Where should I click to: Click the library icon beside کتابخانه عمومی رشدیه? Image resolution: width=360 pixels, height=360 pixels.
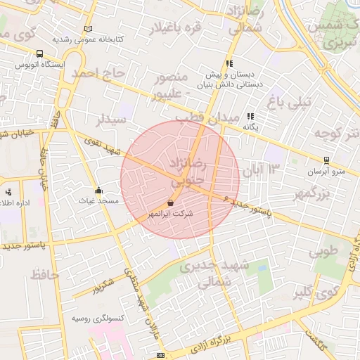click(x=88, y=29)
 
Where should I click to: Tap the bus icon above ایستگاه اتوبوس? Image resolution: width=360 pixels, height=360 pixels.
click(x=39, y=53)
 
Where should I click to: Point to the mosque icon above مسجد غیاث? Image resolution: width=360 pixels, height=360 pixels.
click(x=98, y=191)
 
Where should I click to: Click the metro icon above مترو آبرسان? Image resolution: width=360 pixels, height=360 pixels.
click(x=326, y=160)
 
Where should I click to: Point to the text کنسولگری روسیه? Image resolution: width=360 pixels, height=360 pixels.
click(x=98, y=318)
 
